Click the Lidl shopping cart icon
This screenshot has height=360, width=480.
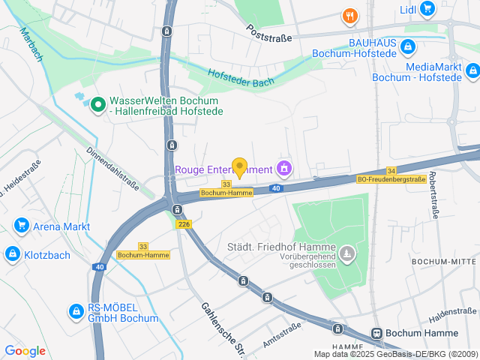[427, 9]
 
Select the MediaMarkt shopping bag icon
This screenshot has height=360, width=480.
[472, 71]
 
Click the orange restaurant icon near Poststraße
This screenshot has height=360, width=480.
[349, 15]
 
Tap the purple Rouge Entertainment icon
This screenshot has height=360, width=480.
[283, 166]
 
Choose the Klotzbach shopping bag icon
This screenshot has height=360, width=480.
[12, 254]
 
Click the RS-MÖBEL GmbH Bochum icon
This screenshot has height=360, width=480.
[75, 310]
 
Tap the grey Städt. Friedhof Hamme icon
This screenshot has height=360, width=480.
[346, 255]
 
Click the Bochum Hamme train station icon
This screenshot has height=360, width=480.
[377, 333]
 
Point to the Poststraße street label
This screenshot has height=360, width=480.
[269, 32]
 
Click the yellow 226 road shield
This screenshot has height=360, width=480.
[183, 224]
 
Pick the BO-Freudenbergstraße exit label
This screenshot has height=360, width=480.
[391, 179]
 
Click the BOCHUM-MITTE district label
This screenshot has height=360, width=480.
[443, 261]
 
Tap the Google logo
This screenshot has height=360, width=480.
[25, 351]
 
